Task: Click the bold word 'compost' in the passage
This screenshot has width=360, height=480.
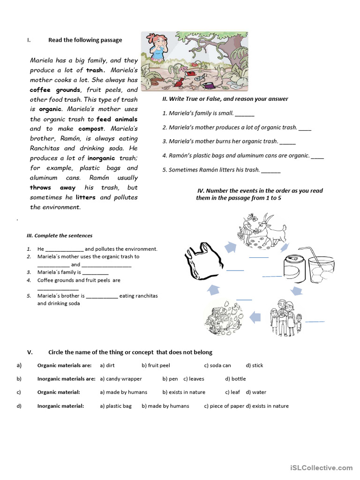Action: tap(91, 129)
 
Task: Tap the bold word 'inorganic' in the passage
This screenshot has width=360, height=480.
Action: tap(103, 158)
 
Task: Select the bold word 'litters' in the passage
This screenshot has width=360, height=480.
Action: tap(85, 197)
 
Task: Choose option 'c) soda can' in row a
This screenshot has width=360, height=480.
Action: tap(217, 366)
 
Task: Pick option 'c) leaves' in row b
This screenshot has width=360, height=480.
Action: tap(194, 379)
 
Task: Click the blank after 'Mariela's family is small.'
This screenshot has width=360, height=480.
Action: tap(244, 114)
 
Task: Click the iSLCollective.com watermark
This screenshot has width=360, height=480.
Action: tap(321, 468)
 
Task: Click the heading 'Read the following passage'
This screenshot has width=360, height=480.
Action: tap(85, 40)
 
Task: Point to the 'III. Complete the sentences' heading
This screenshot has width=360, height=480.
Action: tap(59, 236)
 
